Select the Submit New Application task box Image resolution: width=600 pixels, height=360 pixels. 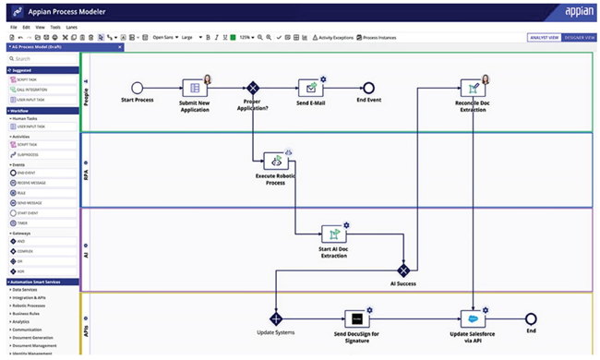[x=193, y=87]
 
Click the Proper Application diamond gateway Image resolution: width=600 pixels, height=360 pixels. [x=251, y=87]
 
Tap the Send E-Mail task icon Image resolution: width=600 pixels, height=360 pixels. [x=310, y=87]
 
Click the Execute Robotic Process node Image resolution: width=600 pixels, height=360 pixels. [x=275, y=162]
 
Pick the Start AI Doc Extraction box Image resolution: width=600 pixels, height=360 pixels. [x=333, y=234]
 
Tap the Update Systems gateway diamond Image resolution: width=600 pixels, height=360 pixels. [x=275, y=318]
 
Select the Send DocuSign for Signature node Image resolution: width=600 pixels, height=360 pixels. [x=357, y=318]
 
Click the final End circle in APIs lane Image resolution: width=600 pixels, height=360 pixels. [x=531, y=318]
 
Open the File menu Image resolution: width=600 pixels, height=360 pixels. [x=13, y=28]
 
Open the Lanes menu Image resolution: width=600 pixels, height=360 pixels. [x=70, y=28]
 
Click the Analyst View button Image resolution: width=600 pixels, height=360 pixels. [x=542, y=38]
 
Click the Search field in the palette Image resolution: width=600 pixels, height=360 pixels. [x=42, y=58]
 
